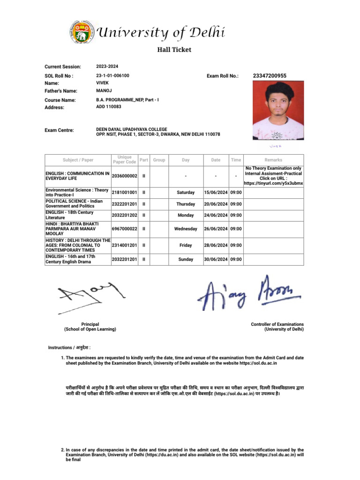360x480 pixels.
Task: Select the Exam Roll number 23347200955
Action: pyautogui.click(x=269, y=75)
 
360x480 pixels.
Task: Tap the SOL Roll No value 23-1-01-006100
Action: pyautogui.click(x=112, y=75)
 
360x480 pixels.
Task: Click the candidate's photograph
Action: pyautogui.click(x=278, y=110)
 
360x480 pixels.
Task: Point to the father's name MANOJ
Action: pyautogui.click(x=104, y=90)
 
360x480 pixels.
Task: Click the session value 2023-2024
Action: pyautogui.click(x=107, y=67)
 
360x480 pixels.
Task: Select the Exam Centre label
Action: pyautogui.click(x=59, y=130)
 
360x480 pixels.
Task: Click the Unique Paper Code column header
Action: pyautogui.click(x=124, y=160)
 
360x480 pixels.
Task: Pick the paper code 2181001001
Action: pyautogui.click(x=124, y=192)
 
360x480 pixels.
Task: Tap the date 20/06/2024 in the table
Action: pyautogui.click(x=216, y=204)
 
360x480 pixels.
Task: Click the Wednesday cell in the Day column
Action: pyautogui.click(x=186, y=229)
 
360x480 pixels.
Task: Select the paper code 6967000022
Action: pyautogui.click(x=124, y=229)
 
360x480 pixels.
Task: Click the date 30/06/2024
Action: pyautogui.click(x=216, y=259)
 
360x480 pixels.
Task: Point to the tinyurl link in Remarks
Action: pyautogui.click(x=273, y=183)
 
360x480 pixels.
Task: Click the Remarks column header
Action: pyautogui.click(x=273, y=160)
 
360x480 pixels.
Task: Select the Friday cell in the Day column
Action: pyautogui.click(x=186, y=245)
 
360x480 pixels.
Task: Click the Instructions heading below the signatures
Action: pyautogui.click(x=69, y=347)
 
